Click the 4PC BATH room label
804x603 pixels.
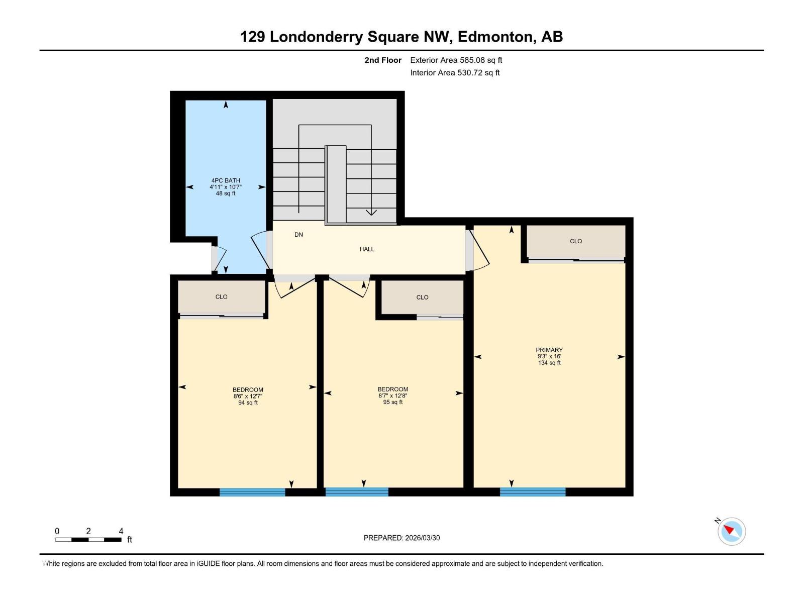click(x=226, y=180)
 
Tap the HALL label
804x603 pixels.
click(x=367, y=249)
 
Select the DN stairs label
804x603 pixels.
click(x=298, y=235)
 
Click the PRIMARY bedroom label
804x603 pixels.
click(x=549, y=350)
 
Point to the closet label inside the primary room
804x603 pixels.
click(x=575, y=241)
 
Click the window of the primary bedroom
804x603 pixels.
click(x=533, y=492)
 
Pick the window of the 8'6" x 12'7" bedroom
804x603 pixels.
click(x=252, y=492)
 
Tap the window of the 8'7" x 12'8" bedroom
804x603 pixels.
click(x=357, y=492)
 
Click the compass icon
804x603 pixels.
click(x=732, y=531)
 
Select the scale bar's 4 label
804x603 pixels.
click(x=121, y=531)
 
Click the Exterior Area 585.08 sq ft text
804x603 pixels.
click(x=456, y=60)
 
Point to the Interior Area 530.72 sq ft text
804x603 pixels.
click(x=455, y=73)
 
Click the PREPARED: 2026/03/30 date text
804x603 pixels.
click(x=401, y=538)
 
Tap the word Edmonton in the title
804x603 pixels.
click(x=495, y=37)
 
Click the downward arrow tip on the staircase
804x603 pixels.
click(x=371, y=213)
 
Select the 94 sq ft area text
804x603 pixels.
click(x=248, y=403)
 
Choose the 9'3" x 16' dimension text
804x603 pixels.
click(x=549, y=356)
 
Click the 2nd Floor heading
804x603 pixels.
click(x=383, y=60)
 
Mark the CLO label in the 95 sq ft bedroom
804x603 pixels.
click(x=422, y=297)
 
